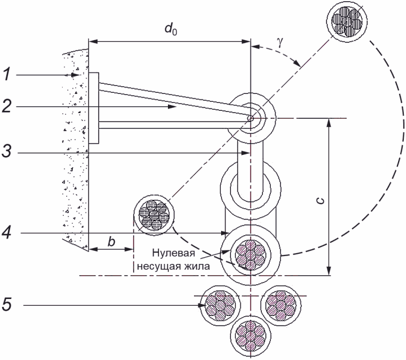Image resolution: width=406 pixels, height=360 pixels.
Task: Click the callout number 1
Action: tap(7, 75)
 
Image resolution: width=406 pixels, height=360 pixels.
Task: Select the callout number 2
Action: tap(7, 106)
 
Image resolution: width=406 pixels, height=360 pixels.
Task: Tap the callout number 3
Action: tap(7, 151)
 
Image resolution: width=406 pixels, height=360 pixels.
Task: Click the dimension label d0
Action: tap(171, 29)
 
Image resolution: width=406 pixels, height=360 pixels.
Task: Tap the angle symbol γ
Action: tap(280, 42)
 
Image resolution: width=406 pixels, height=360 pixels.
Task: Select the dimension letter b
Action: tap(111, 242)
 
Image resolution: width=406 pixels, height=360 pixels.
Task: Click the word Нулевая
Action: tap(174, 253)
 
